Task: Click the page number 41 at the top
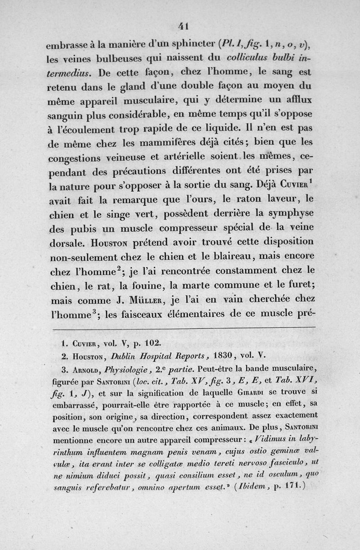pyautogui.click(x=182, y=27)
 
